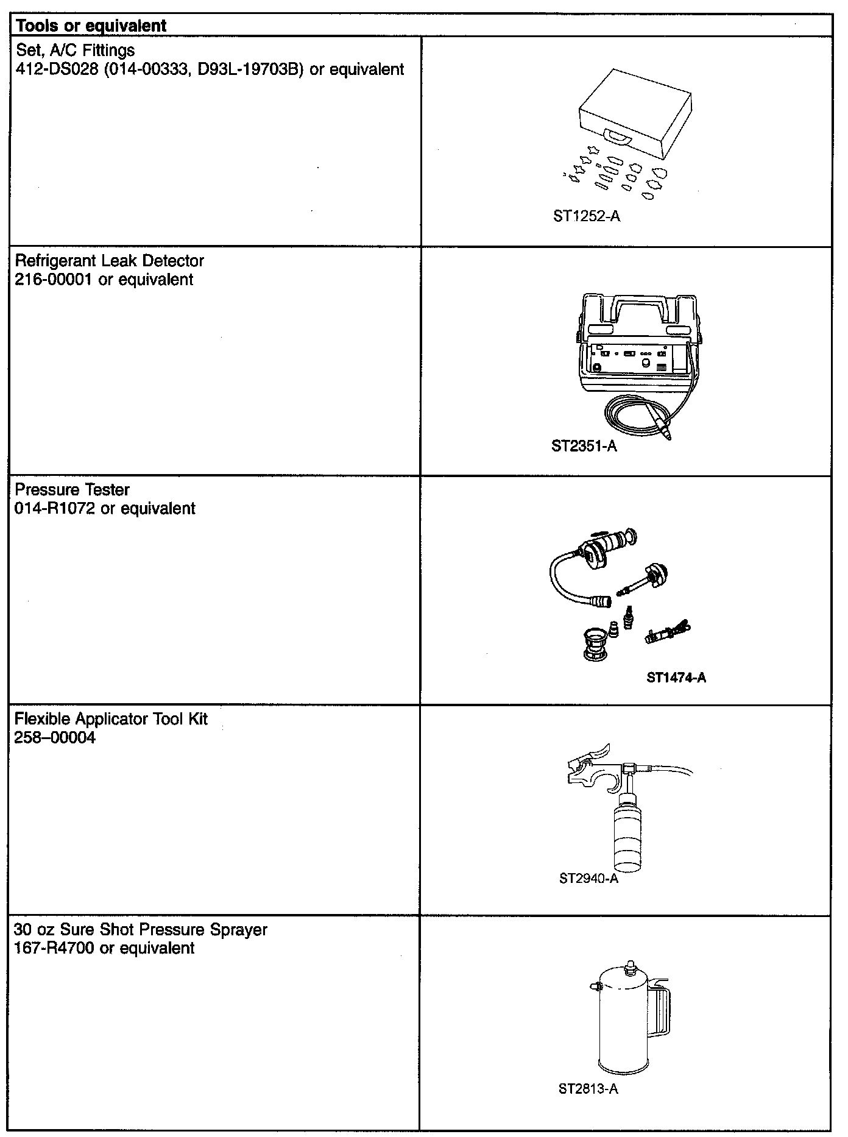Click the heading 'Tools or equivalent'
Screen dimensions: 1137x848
click(x=91, y=26)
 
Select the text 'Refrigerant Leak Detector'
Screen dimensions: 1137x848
click(x=109, y=261)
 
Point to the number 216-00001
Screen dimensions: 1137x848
click(x=54, y=280)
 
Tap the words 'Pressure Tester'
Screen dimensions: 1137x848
click(x=72, y=490)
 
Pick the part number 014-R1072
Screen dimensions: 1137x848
click(x=55, y=509)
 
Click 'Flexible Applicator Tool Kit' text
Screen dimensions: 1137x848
click(x=111, y=719)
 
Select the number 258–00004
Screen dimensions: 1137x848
click(x=55, y=738)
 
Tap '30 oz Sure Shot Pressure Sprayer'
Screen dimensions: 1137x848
click(x=141, y=930)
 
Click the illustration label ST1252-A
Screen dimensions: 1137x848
click(x=587, y=216)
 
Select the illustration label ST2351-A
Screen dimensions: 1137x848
click(x=584, y=447)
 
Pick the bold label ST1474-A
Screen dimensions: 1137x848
click(x=676, y=678)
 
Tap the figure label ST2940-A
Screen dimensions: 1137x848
click(x=588, y=879)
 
